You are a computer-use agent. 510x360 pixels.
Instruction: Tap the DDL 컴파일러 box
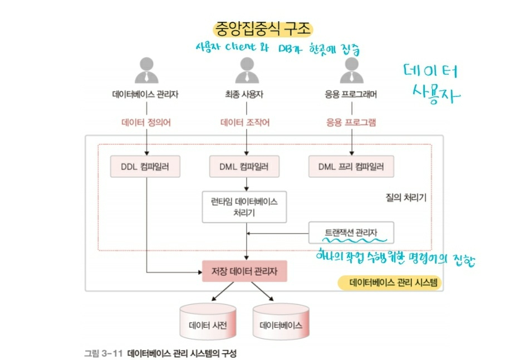(x=146, y=166)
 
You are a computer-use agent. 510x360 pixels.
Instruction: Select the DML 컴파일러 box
(x=244, y=166)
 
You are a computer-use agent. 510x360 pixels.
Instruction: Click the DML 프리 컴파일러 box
(x=351, y=166)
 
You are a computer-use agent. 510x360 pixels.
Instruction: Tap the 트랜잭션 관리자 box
(x=351, y=232)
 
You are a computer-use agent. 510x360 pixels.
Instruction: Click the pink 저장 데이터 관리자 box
(x=244, y=271)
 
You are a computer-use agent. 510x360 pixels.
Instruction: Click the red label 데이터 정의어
(x=145, y=123)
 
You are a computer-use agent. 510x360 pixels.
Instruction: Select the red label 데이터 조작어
(x=244, y=123)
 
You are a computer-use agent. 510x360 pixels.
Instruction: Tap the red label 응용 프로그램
(x=351, y=123)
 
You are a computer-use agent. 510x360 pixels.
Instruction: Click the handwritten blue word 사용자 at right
(x=437, y=95)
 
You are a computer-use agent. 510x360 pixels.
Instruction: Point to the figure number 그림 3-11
(x=102, y=353)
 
